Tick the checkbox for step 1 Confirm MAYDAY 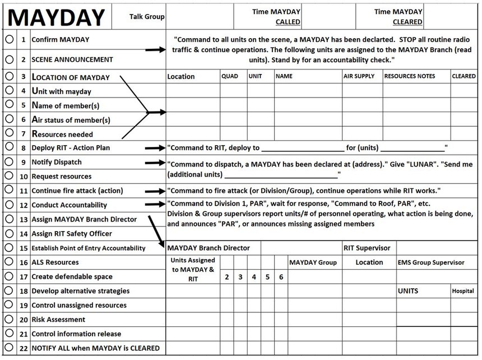pos(10,40)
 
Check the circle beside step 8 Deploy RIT pos(10,147)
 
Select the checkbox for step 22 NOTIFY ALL pos(10,348)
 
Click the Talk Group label pos(147,17)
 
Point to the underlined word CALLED pos(288,22)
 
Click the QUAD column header pos(230,76)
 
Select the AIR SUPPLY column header pos(359,76)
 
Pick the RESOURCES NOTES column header pos(409,76)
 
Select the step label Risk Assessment pos(58,320)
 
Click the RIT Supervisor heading pos(367,248)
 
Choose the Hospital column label pos(463,291)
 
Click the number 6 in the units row pos(281,277)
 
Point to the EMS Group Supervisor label pos(430,262)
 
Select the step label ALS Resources pos(55,262)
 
